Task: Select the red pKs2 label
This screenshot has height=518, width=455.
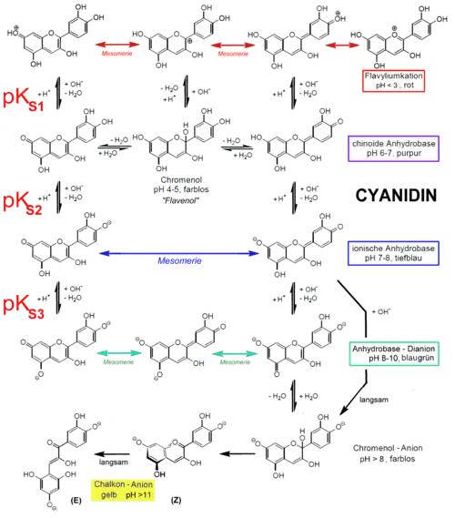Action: (x=25, y=201)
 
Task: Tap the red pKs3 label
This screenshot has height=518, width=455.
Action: (x=25, y=304)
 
